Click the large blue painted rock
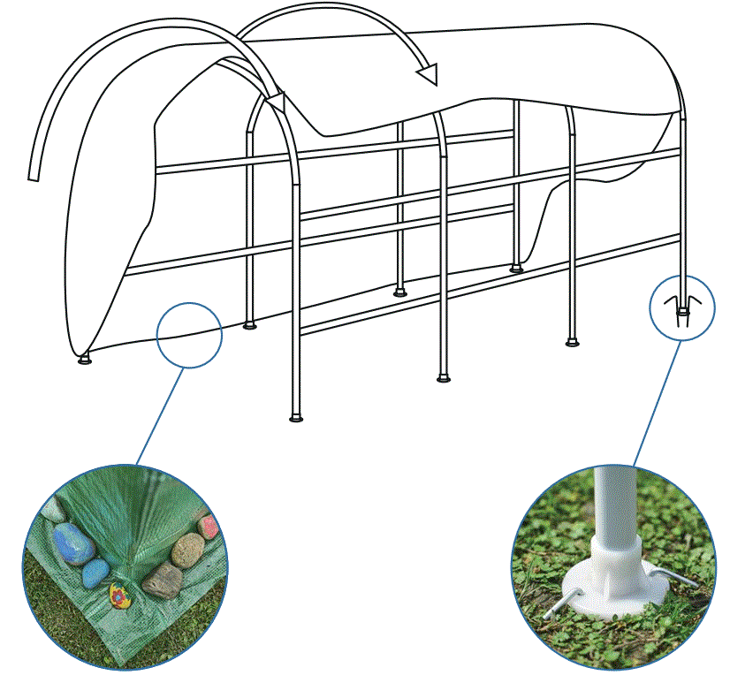pos(72,543)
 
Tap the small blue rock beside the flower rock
pos(95,574)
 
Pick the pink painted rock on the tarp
pos(209,527)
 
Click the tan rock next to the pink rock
pos(186,550)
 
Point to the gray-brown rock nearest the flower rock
pos(162,581)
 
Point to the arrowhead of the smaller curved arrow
pos(428,74)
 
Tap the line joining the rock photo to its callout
pos(160,415)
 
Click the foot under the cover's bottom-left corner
pos(85,360)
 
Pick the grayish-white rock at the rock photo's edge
pos(53,512)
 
